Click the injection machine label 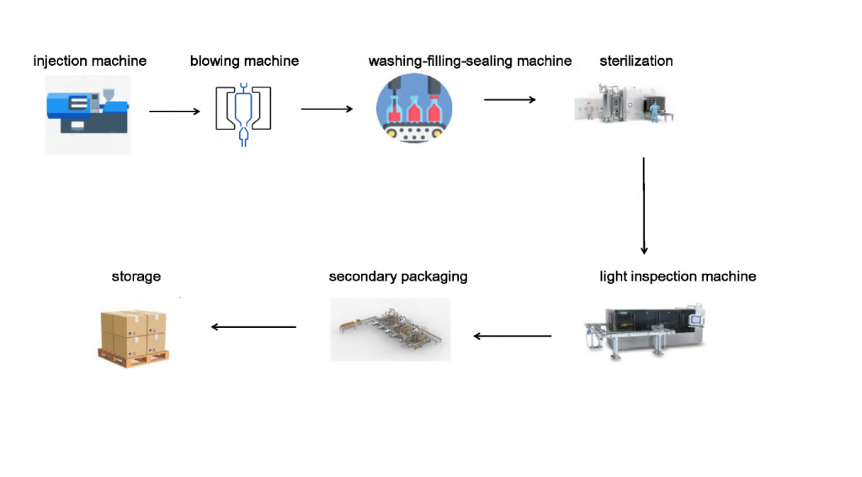pyautogui.click(x=89, y=61)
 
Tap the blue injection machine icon pyautogui.click(x=88, y=114)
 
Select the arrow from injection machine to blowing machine pyautogui.click(x=175, y=112)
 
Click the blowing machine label pyautogui.click(x=244, y=61)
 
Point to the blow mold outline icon pyautogui.click(x=243, y=115)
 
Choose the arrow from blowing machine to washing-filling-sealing pyautogui.click(x=327, y=109)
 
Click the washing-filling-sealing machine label pyautogui.click(x=470, y=61)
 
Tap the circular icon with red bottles pyautogui.click(x=414, y=109)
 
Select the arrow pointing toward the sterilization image pyautogui.click(x=509, y=99)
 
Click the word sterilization pyautogui.click(x=636, y=61)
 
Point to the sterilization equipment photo pyautogui.click(x=624, y=103)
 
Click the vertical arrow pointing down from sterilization pyautogui.click(x=644, y=206)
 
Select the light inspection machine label pyautogui.click(x=678, y=276)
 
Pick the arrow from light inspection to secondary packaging pyautogui.click(x=513, y=336)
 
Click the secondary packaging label pyautogui.click(x=398, y=276)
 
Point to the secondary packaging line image pyautogui.click(x=391, y=330)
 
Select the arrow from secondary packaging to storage pyautogui.click(x=253, y=327)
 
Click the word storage pyautogui.click(x=136, y=276)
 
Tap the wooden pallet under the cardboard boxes pyautogui.click(x=134, y=359)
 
